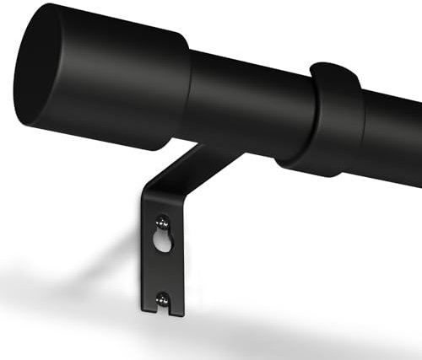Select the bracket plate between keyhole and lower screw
click(x=164, y=270)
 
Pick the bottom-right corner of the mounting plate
click(x=182, y=316)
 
